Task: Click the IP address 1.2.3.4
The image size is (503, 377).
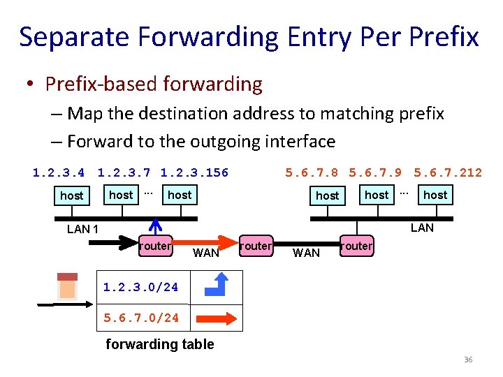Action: [x=59, y=172]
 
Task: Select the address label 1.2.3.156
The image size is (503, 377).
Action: [x=194, y=172]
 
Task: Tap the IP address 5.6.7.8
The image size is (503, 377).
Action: [x=312, y=172]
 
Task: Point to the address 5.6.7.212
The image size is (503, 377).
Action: [x=448, y=172]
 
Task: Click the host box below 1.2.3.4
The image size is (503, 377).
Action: [x=71, y=195]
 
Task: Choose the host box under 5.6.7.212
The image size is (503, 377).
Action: [x=435, y=195]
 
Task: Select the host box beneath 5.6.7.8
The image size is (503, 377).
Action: [x=327, y=195]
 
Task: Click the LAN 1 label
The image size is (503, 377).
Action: [x=82, y=229]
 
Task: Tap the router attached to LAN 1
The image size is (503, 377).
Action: [x=155, y=246]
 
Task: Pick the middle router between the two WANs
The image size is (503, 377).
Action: [x=255, y=246]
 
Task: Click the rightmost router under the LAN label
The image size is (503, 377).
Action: [x=356, y=246]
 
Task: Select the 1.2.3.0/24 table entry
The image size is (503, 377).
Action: [x=140, y=287]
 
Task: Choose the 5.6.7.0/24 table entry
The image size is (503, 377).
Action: [x=140, y=318]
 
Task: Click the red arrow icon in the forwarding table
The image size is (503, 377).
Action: [x=216, y=318]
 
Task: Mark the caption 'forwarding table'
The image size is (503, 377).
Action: [x=159, y=343]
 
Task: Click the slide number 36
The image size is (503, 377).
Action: [x=468, y=360]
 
